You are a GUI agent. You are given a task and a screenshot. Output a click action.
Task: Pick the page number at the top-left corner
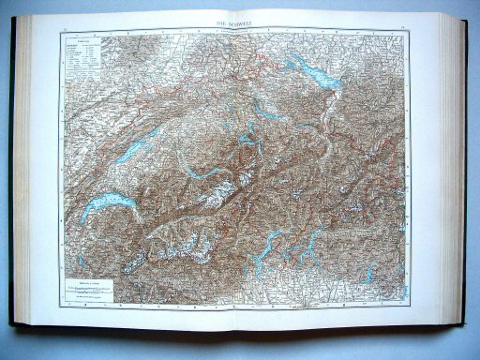click(x=67, y=30)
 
